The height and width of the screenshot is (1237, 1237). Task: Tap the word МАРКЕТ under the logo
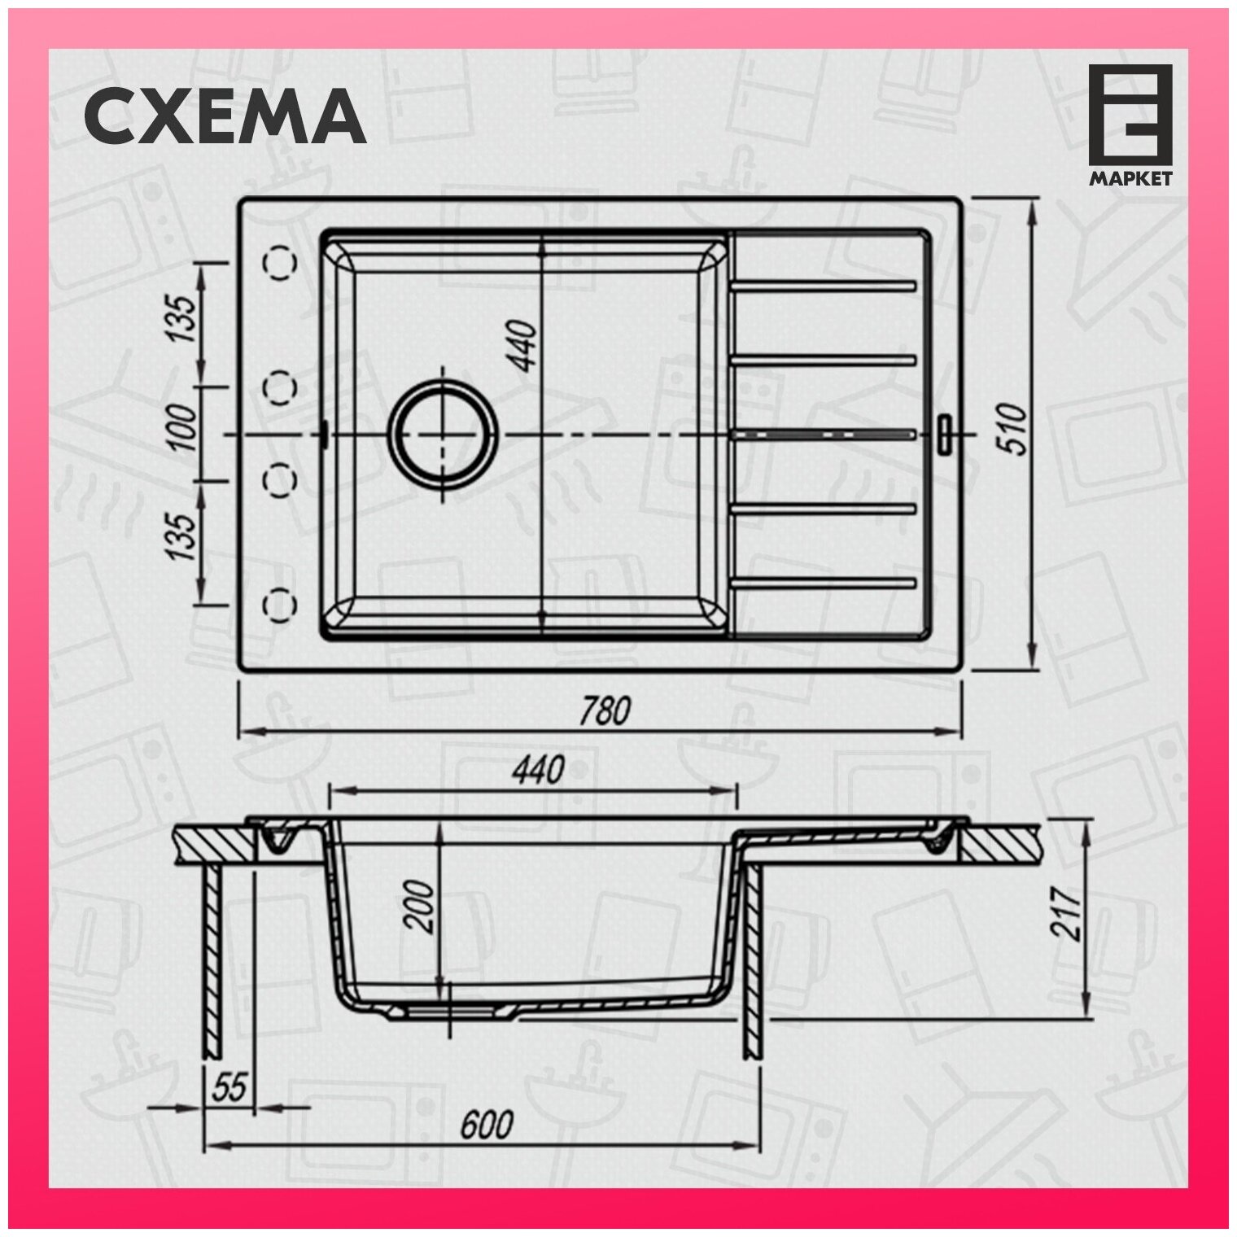point(1131,178)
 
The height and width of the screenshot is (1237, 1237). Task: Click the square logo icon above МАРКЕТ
point(1131,113)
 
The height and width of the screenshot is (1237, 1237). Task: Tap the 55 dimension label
point(229,1088)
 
